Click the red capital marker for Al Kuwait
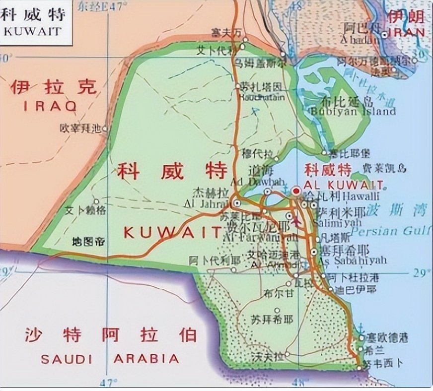click(296, 191)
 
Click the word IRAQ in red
click(50, 106)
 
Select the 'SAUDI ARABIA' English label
click(110, 358)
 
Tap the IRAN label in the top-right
click(407, 32)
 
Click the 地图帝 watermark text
click(88, 242)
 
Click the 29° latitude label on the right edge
click(419, 272)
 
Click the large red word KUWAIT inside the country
click(172, 231)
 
